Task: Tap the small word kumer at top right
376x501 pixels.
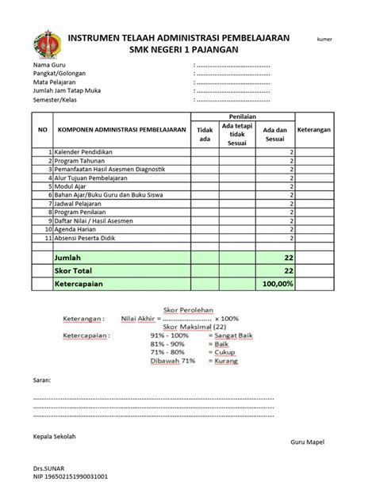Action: [x=325, y=39]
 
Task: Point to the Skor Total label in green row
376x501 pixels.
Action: [x=73, y=270]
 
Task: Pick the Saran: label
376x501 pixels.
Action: [x=41, y=381]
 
